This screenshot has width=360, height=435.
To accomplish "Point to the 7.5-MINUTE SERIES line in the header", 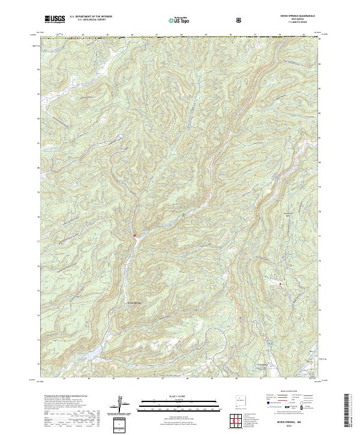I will (x=292, y=24).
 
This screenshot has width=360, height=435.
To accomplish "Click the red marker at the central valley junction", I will (x=135, y=235).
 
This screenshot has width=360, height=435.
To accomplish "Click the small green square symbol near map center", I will (x=184, y=214).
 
